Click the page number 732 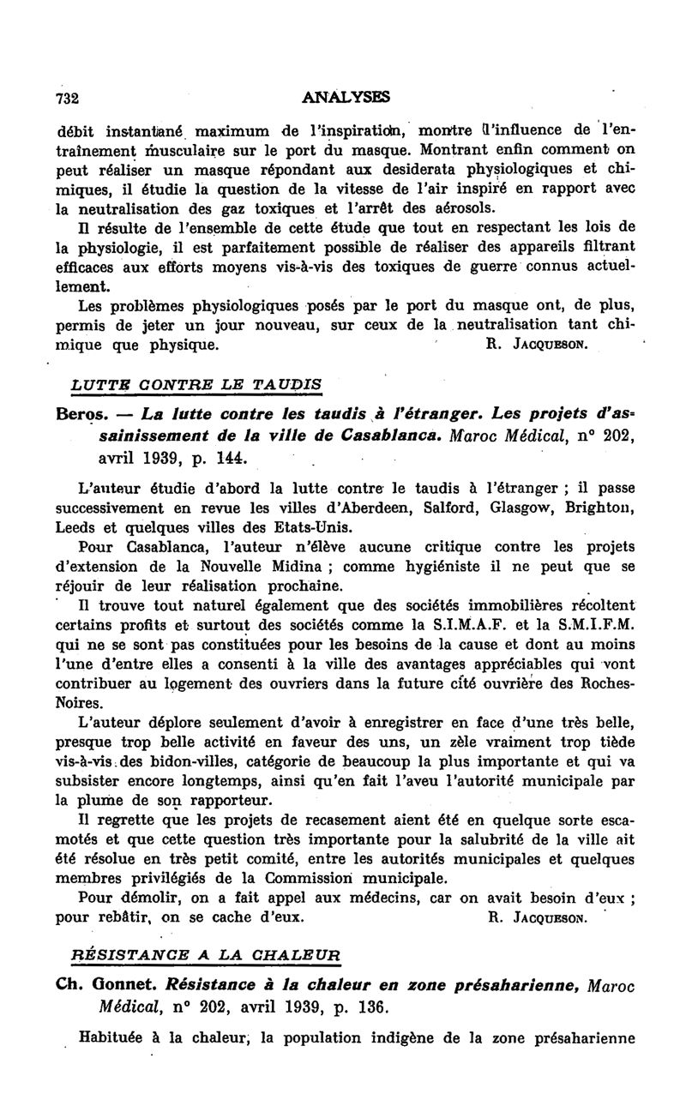(x=67, y=97)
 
